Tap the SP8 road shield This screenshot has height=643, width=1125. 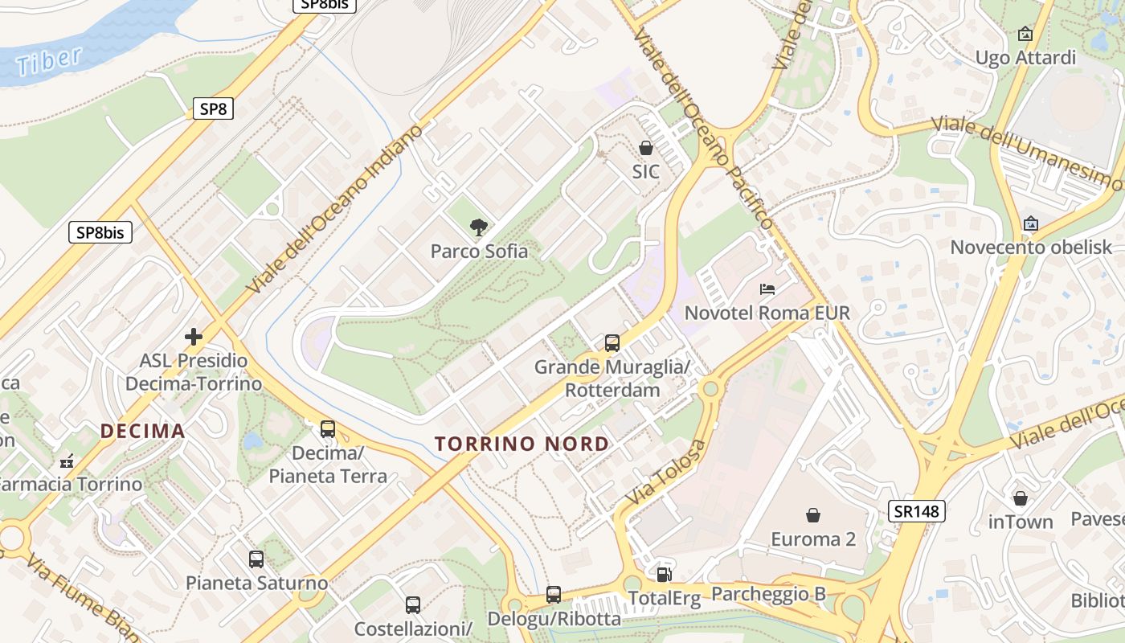213,109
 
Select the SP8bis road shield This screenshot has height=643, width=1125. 100,232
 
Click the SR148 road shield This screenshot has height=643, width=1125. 917,510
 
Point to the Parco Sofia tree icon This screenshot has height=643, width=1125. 479,227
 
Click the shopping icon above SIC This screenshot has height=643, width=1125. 645,148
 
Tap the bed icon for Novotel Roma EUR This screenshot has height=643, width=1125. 767,289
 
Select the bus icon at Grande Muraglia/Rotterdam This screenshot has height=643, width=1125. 612,343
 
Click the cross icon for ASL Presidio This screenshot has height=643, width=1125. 194,336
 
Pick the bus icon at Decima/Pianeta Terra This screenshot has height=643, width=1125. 328,428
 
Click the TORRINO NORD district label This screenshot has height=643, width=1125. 522,444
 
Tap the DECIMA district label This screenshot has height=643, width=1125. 143,431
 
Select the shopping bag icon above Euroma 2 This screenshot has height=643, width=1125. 813,514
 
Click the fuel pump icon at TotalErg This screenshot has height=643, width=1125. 664,574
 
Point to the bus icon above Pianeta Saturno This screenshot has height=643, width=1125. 256,559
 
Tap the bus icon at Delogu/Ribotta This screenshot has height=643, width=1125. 554,595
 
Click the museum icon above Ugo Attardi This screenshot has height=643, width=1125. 1025,34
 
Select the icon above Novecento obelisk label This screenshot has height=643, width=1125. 1031,223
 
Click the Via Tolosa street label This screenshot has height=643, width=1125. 665,473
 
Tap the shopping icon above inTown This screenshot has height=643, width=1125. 1021,498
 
